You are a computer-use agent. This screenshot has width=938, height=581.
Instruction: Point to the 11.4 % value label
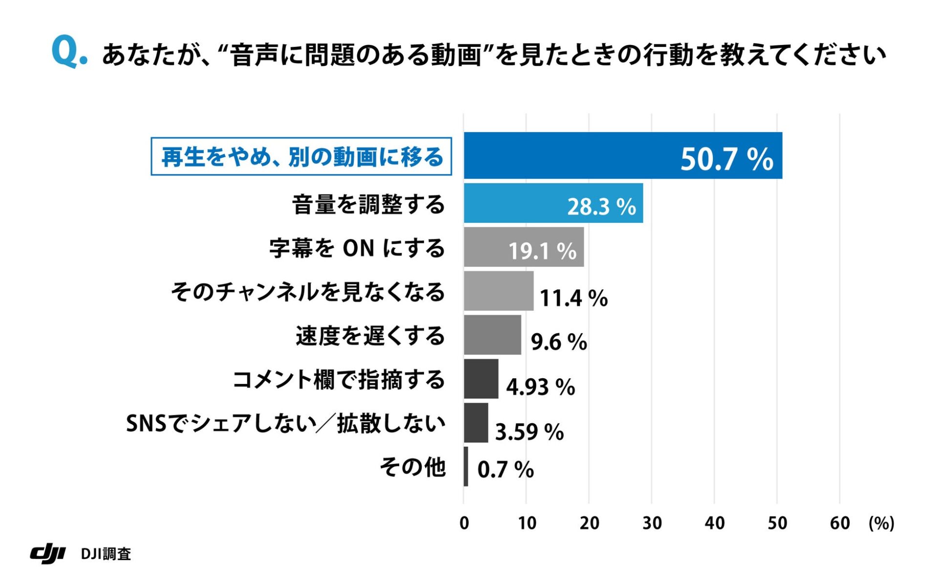pos(574,298)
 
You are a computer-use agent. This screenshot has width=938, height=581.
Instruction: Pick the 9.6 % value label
pos(559,342)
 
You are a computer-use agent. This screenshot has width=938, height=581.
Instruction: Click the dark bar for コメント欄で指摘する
pos(481,379)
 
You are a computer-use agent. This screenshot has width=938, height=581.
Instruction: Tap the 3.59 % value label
pos(530,432)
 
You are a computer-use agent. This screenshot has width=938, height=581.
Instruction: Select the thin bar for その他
pos(466,466)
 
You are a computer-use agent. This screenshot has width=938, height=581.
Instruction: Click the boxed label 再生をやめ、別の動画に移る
pos(301,157)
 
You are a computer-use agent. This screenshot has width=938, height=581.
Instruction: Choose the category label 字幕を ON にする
pos(357,248)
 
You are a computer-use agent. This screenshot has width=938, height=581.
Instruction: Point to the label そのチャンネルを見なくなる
pos(308,292)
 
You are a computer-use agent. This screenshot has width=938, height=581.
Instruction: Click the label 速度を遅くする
pos(370,336)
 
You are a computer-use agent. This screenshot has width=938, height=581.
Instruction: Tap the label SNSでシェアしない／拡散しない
pos(286,423)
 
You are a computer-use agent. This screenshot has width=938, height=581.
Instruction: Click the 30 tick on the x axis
pos(652,523)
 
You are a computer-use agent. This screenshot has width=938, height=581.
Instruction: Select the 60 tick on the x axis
pos(839,523)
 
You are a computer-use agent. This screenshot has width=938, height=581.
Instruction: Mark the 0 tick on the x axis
pos(464,523)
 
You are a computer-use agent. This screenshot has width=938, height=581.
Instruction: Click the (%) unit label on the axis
pos(881,523)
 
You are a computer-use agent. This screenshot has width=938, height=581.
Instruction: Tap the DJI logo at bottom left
pos(48,553)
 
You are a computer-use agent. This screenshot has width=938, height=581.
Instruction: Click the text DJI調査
pos(106,554)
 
